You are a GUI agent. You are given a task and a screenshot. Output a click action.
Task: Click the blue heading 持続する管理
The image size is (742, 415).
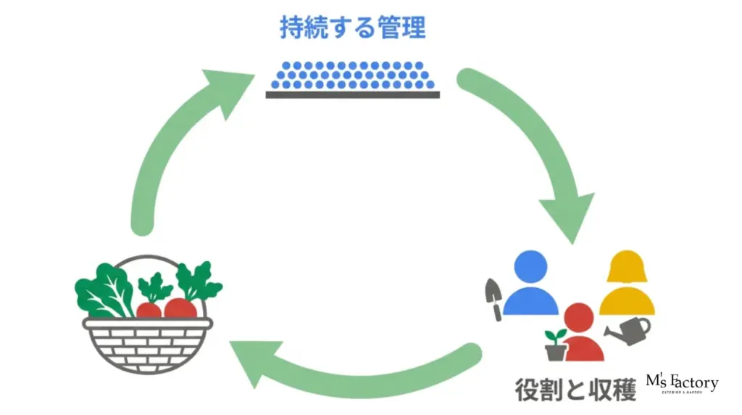(353, 28)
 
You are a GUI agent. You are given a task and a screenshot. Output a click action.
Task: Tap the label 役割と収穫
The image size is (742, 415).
(576, 389)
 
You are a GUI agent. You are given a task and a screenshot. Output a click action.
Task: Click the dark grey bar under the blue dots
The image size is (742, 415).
(353, 94)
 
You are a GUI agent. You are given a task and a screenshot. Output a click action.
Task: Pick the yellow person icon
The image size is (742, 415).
(627, 283)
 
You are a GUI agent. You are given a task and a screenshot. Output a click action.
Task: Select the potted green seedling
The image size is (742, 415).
(556, 345)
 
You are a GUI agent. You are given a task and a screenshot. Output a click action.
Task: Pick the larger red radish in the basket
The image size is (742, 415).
(180, 308)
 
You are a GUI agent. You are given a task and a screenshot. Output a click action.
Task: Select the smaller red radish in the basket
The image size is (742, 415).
(149, 310)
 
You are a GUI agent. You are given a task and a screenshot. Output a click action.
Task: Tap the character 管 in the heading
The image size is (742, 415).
(387, 28)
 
